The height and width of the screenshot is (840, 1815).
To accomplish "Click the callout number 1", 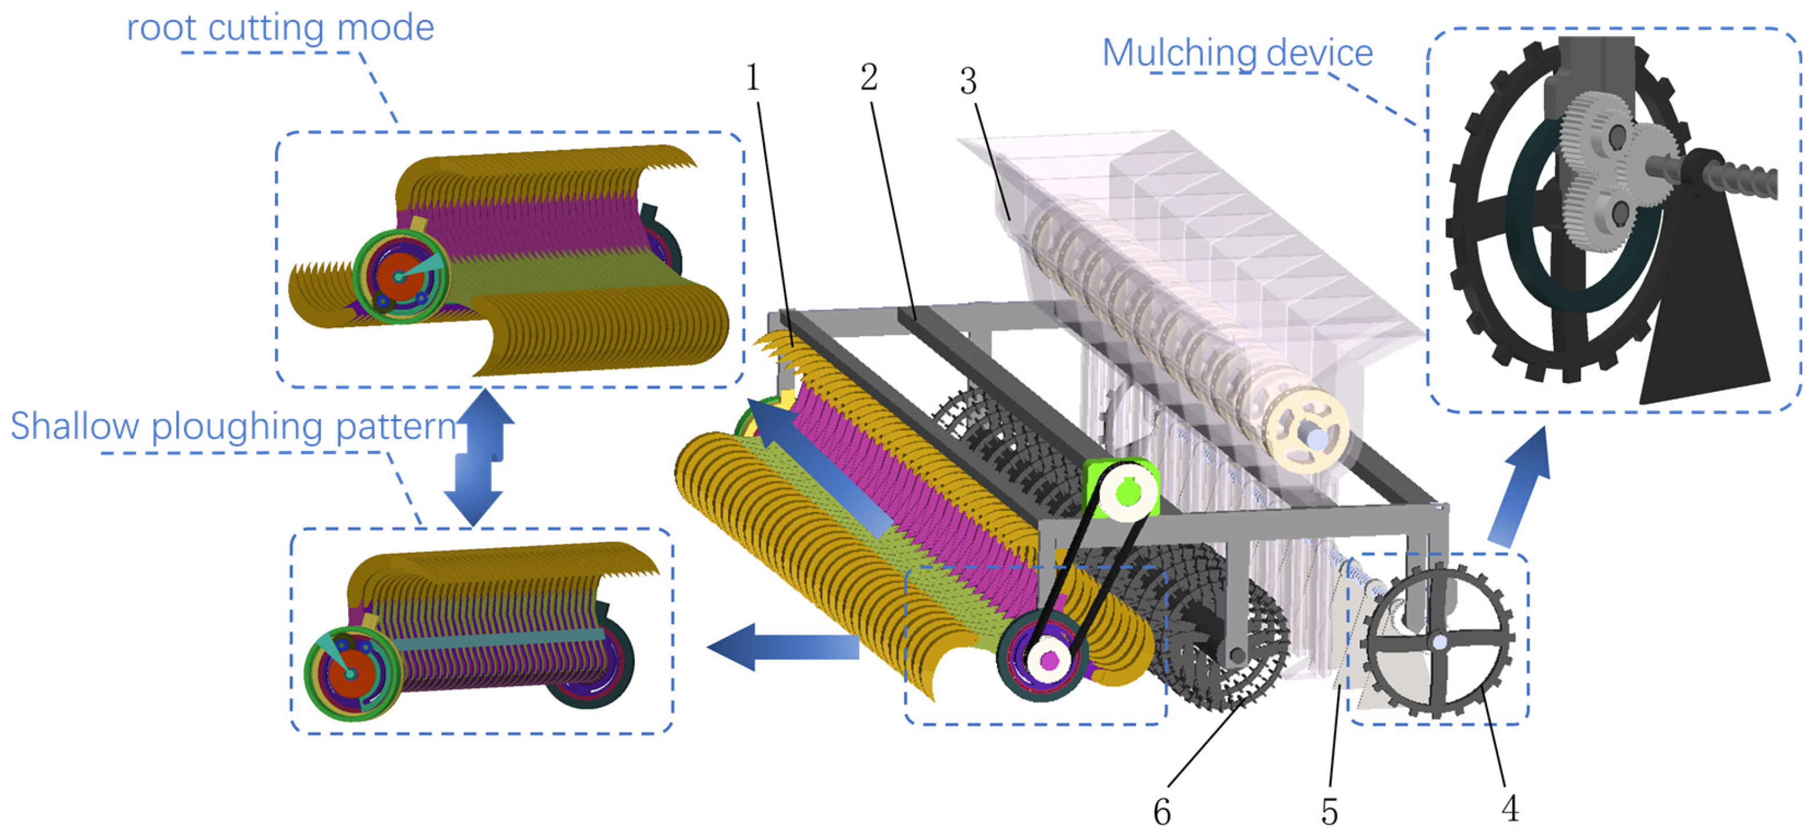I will (752, 77).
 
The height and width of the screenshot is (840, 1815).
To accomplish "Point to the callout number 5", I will (1329, 812).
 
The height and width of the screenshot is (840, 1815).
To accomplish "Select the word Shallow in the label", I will (74, 426).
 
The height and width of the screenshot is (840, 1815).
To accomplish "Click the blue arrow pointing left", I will (782, 646).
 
